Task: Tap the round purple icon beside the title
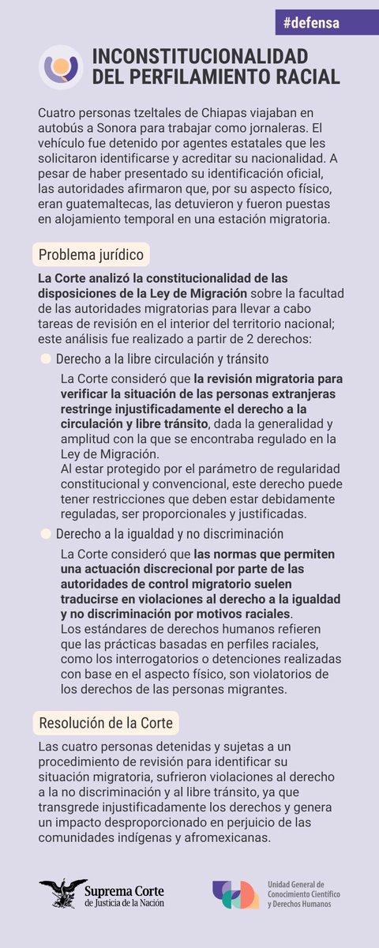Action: (x=61, y=66)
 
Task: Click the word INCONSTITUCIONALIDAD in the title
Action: (x=200, y=56)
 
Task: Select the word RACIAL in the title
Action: (x=309, y=77)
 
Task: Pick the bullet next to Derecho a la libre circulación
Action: (x=45, y=359)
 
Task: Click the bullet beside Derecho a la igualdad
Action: (x=45, y=533)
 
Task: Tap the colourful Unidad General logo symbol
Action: (x=235, y=894)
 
